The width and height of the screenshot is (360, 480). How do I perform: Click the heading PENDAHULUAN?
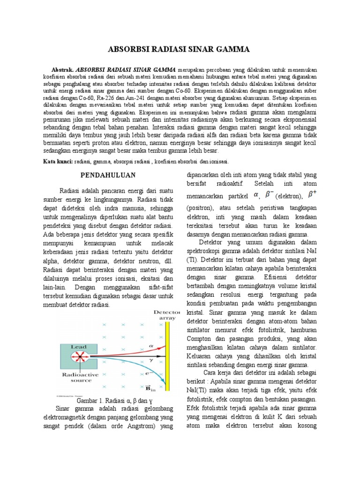click(x=108, y=175)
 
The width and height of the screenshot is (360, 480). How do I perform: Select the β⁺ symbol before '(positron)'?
click(x=312, y=193)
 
